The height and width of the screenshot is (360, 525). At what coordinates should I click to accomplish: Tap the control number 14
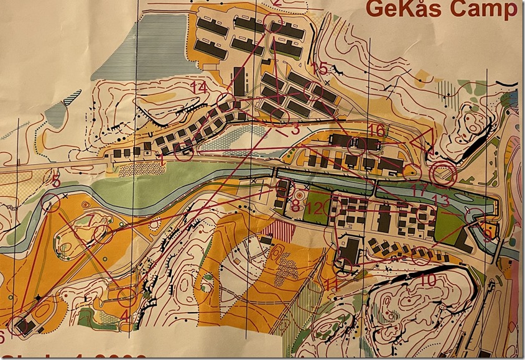[x=199, y=87]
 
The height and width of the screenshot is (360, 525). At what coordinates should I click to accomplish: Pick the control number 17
[x=419, y=187]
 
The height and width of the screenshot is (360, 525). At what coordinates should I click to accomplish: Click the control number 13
[x=440, y=199]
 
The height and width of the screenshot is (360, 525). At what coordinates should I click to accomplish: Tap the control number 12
[x=316, y=208]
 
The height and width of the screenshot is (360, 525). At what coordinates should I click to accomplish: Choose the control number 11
[x=331, y=285]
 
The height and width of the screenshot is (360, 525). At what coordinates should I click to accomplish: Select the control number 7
[x=92, y=219]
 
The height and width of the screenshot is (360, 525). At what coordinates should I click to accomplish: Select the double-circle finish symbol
[x=445, y=173]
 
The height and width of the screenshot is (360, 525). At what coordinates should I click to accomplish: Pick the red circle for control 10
[x=421, y=256]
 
